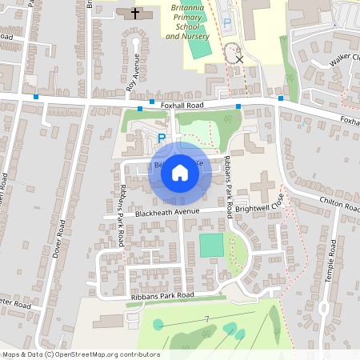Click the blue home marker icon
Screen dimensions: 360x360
point(180,172)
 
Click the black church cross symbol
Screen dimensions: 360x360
point(134,14)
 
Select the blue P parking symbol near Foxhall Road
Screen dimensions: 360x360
point(161,138)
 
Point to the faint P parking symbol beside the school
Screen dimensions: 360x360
point(226,25)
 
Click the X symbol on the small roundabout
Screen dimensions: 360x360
point(238,59)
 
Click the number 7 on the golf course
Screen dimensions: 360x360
point(206,320)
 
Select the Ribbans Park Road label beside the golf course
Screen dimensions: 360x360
point(162,296)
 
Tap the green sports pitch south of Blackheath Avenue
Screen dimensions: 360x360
point(212,245)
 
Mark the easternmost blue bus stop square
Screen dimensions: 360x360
point(281,98)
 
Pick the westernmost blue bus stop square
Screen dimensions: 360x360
point(36,97)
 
